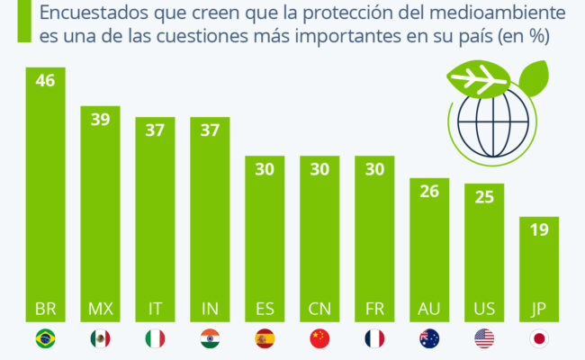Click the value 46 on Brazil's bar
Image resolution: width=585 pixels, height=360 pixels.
coord(43,81)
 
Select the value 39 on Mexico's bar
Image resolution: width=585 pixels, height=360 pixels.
coord(100,120)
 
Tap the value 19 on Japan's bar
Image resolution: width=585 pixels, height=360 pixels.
coord(539,230)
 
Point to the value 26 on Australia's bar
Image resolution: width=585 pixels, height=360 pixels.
coord(429,192)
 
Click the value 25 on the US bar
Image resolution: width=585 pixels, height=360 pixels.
coord(484,197)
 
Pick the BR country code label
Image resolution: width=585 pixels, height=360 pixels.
coord(43,309)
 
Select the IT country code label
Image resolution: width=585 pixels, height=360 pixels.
coord(155,309)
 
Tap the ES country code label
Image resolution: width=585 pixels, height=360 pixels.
coord(265,309)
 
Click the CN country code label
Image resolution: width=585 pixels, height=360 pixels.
coord(319,309)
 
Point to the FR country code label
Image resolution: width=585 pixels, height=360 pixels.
coord(374,309)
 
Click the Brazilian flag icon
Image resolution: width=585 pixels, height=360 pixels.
coord(43,338)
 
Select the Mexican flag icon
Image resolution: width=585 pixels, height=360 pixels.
coord(100,338)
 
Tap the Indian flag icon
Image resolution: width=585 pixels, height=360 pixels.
coord(210,338)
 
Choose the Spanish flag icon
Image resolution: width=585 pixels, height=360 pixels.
coord(265,338)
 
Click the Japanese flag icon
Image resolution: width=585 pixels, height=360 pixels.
coord(539,338)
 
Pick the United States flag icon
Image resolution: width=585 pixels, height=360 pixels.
coord(484,338)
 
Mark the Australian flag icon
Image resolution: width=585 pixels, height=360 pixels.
coord(429,338)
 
